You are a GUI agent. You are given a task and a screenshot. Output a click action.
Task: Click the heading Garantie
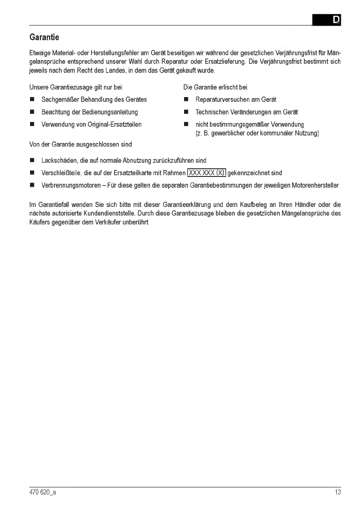coord(44,37)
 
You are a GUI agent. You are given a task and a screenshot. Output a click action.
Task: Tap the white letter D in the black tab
coord(336,20)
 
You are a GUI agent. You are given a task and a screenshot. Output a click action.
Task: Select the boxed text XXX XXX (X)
coord(207,173)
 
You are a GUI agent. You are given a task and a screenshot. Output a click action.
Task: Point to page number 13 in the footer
coord(338,493)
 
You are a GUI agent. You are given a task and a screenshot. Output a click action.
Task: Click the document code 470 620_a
coord(42,493)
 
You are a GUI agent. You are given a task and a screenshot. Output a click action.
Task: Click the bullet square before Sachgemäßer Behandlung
coord(32,100)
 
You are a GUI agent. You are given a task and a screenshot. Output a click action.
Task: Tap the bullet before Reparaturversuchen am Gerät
coord(186,100)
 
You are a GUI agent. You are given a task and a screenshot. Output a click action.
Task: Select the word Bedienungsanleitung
coord(111,112)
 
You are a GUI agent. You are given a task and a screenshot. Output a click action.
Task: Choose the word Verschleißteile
coord(60,173)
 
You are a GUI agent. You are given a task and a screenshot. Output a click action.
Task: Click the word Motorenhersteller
coord(314,186)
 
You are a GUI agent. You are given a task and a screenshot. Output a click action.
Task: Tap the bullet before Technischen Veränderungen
coord(186,112)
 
